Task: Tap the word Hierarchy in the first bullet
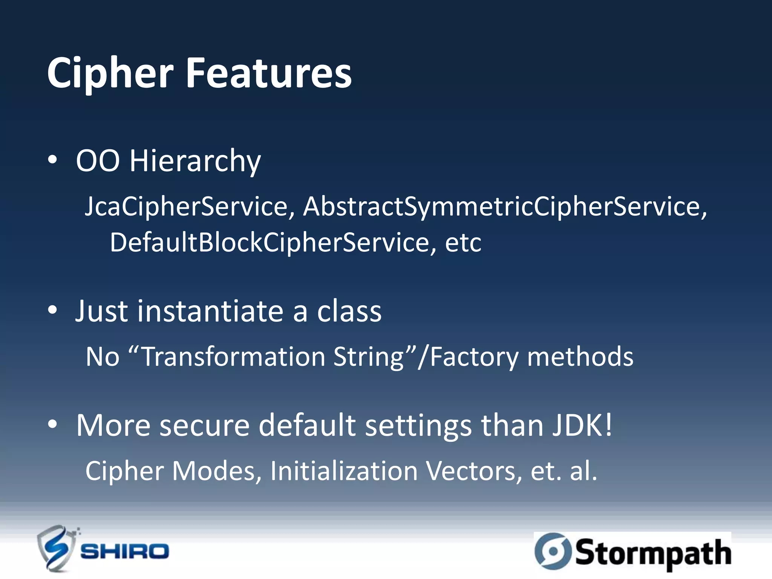(x=195, y=161)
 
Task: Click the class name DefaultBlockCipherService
(x=270, y=242)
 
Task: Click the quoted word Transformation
(x=234, y=357)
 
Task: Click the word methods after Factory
(x=581, y=357)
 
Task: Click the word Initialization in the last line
(x=344, y=471)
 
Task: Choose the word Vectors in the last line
(x=474, y=471)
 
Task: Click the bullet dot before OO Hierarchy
(x=52, y=160)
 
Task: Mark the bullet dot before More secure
(x=52, y=424)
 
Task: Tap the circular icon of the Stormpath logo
(x=553, y=551)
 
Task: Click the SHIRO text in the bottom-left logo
(x=125, y=551)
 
